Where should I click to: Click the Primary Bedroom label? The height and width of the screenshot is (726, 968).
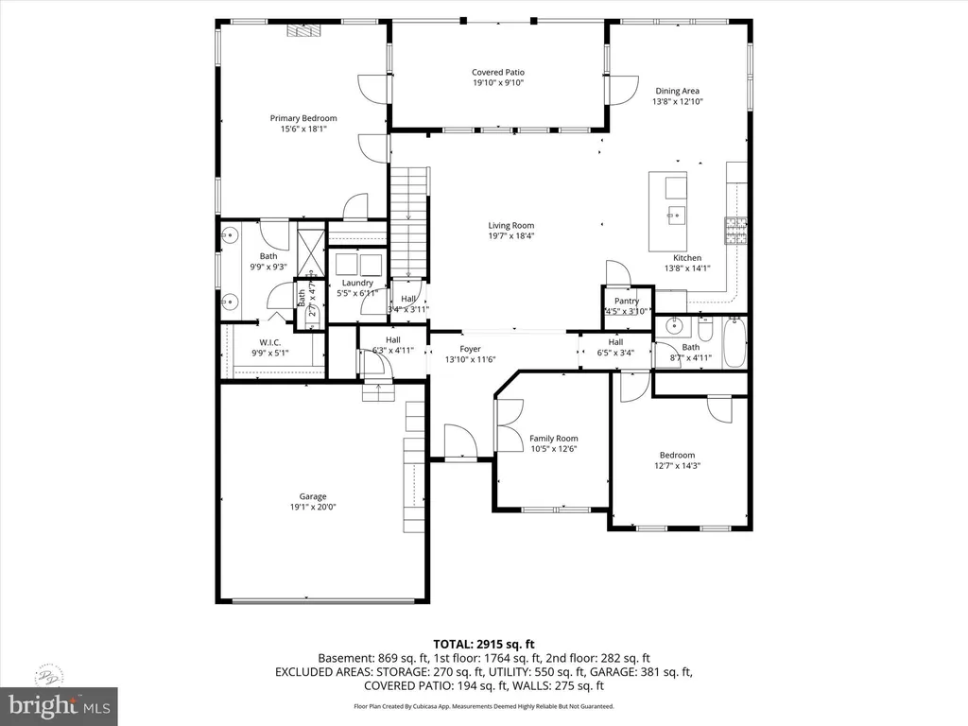303,118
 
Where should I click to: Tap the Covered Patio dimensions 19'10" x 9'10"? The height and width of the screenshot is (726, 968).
497,83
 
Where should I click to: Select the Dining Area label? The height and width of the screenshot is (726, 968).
677,91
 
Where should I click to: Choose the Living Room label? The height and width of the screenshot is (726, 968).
510,226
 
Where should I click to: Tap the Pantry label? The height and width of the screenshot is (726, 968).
627,301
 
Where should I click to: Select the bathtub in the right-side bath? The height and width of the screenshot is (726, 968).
734,344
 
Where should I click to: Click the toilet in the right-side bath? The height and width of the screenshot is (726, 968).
704,331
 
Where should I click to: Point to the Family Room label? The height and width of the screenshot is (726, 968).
553,439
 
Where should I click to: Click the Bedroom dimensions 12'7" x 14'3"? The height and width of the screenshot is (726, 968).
677,465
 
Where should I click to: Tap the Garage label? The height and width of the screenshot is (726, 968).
313,496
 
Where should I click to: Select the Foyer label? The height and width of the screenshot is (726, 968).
470,349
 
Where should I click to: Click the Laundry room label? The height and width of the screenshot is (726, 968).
357,283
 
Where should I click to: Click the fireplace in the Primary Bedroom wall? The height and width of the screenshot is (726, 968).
302,30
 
